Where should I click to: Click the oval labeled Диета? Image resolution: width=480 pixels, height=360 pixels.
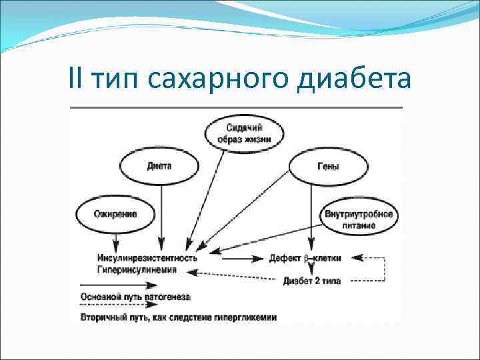click(159, 165)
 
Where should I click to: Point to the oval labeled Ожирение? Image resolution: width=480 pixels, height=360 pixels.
click(115, 214)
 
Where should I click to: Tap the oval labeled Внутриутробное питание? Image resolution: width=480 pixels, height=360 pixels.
click(359, 219)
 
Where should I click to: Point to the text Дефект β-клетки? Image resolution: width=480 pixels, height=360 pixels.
click(306, 258)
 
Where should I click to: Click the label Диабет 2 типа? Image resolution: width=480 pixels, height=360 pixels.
click(311, 281)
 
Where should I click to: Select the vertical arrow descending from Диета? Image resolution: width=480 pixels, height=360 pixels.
click(161, 213)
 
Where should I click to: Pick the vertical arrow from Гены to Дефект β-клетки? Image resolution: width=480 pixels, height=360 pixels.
click(310, 213)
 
